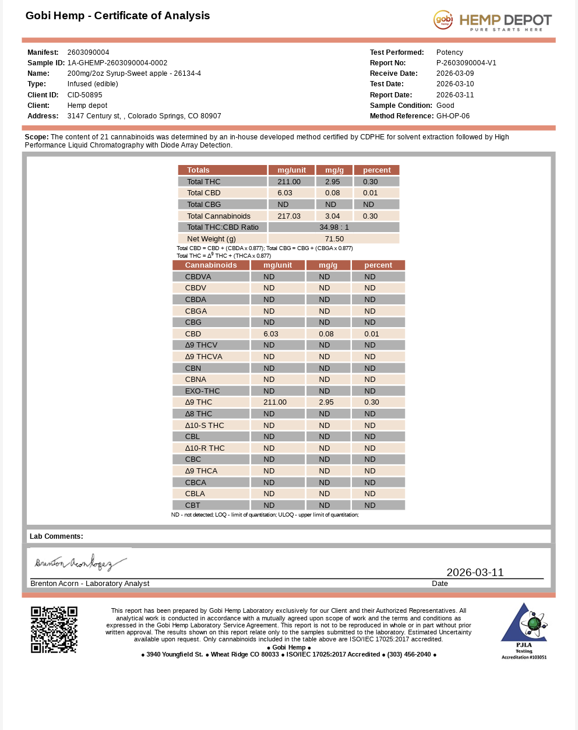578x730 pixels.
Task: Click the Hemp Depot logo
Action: point(492,20)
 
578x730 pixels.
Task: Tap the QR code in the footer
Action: point(54,630)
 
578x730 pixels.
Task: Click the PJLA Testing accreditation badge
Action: point(524,630)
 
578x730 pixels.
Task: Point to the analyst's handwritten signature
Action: point(80,563)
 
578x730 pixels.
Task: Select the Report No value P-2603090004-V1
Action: point(466,63)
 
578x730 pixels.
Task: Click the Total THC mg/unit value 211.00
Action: point(289,182)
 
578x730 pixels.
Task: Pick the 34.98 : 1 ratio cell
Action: point(334,227)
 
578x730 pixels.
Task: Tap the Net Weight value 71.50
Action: point(334,239)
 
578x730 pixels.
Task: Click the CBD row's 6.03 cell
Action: point(271,334)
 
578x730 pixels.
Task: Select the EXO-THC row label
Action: point(202,391)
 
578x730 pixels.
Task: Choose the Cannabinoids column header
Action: point(211,265)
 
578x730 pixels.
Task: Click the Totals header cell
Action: point(198,170)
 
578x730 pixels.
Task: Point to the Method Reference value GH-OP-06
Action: point(453,116)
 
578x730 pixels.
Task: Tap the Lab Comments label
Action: point(57,536)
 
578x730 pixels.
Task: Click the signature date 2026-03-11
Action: point(475,573)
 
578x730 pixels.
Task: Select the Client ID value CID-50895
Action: point(84,95)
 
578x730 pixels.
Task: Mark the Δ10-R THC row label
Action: point(205,448)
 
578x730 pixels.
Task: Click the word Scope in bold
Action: point(36,137)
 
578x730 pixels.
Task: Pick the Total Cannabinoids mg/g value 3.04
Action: point(332,216)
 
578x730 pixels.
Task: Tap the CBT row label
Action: point(192,506)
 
